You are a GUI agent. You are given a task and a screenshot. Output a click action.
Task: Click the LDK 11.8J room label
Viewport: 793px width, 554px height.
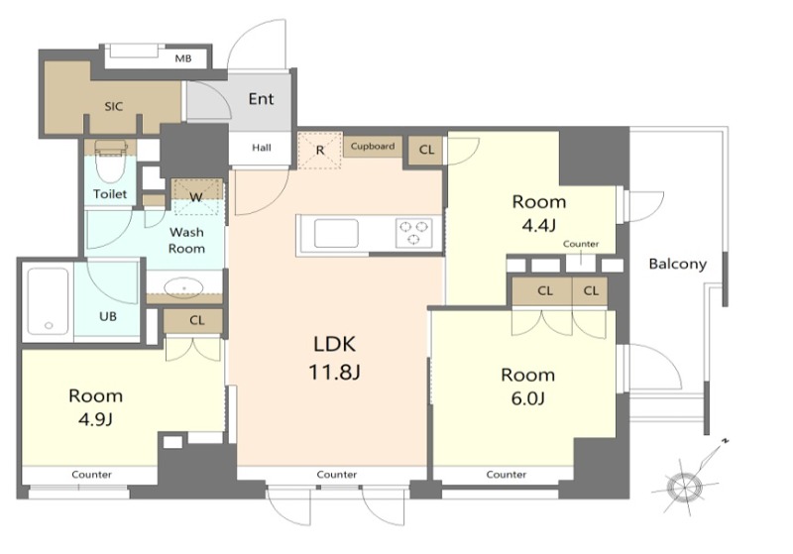[335, 358]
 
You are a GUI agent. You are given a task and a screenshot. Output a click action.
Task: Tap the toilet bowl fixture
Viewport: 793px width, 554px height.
[110, 161]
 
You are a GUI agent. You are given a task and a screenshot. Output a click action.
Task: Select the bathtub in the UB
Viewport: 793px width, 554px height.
[48, 301]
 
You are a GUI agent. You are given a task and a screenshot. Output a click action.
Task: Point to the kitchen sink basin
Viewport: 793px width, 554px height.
[336, 233]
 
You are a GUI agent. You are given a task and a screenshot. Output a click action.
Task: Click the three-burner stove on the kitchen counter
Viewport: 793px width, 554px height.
[414, 233]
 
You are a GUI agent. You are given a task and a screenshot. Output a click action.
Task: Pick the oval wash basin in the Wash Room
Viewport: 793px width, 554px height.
[184, 287]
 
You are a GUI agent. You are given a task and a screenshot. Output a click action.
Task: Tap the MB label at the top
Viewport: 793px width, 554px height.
[183, 58]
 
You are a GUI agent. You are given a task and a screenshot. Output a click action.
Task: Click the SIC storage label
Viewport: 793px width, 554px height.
[114, 107]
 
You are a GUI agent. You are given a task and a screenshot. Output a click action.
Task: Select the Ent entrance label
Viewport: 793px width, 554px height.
[261, 98]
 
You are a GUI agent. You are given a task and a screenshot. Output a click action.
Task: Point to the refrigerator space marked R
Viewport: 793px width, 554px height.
[320, 150]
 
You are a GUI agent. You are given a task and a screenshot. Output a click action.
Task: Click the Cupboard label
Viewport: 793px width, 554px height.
[373, 146]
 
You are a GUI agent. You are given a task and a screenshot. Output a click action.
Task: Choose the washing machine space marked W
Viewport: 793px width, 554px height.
[196, 196]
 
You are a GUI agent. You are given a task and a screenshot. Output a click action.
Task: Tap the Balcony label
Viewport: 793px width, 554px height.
[678, 264]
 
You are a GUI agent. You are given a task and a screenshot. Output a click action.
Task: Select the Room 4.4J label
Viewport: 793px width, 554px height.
[539, 213]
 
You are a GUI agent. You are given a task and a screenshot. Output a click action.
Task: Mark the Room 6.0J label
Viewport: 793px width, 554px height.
[528, 387]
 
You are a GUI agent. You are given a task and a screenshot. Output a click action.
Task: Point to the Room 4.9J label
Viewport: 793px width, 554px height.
[95, 407]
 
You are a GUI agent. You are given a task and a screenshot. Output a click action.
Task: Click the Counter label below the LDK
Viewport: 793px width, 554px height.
[337, 474]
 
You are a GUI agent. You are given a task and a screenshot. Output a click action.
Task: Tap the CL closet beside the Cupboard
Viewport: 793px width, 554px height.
[426, 150]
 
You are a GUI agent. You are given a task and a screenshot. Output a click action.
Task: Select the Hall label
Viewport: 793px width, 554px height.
[262, 148]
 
